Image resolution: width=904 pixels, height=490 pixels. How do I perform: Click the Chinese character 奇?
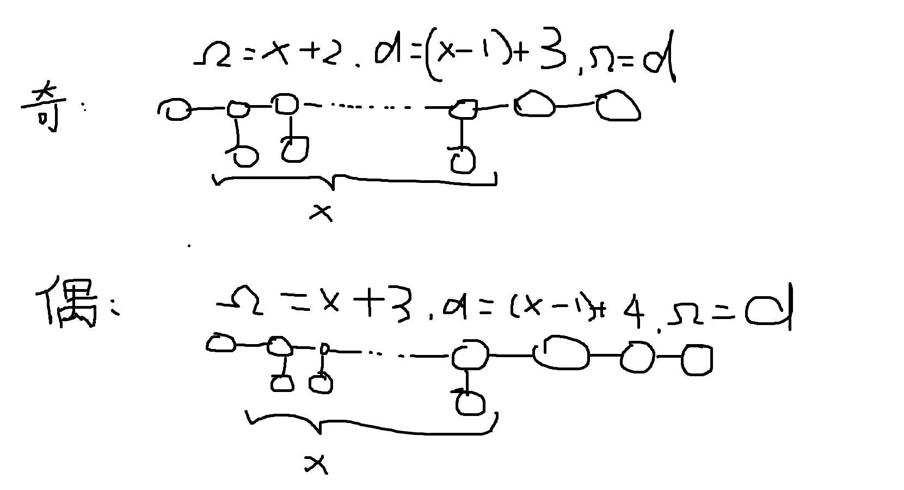pyautogui.click(x=42, y=108)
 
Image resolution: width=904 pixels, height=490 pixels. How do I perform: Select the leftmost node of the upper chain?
pyautogui.click(x=174, y=109)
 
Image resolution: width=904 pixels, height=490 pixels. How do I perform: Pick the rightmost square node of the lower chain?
pyautogui.click(x=696, y=360)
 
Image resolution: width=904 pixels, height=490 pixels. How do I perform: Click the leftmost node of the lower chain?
pyautogui.click(x=221, y=344)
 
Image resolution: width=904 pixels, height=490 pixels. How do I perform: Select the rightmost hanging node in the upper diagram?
pyautogui.click(x=462, y=160)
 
